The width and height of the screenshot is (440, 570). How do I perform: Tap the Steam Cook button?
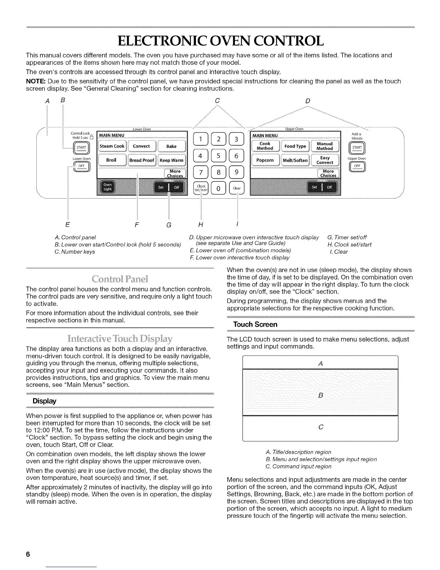coord(112,146)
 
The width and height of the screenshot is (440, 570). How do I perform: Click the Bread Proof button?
coord(142,160)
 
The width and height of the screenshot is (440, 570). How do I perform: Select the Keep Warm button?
coord(171,160)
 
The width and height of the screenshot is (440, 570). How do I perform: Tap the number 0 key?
coord(218,188)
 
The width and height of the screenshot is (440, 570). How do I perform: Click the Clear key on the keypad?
coord(237,188)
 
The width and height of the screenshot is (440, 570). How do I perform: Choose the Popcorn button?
coord(265,160)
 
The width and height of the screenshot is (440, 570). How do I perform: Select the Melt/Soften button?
coord(295,160)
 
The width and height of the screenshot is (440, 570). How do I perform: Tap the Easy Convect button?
coord(325,160)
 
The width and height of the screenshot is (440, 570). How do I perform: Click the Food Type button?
coord(295,146)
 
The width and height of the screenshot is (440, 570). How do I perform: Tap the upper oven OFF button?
coord(357,166)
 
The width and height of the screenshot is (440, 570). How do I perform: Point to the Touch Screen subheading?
coord(255,325)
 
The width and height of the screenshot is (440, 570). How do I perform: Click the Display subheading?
coord(44,401)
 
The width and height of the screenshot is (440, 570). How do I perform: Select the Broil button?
coord(111,160)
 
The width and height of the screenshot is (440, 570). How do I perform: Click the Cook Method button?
coord(265,146)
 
